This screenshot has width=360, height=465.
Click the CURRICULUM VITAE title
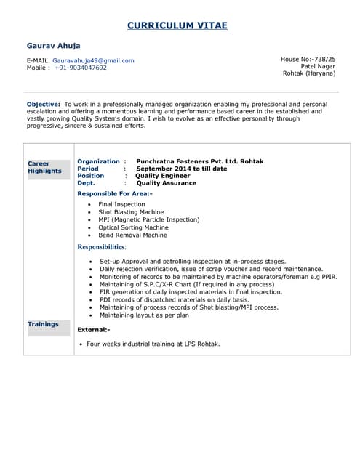click(x=177, y=25)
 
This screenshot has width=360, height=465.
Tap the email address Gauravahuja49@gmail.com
click(x=93, y=60)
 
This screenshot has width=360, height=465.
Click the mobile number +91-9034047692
click(x=80, y=68)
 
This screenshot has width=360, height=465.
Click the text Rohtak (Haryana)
click(x=309, y=73)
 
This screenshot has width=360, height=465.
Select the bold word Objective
click(x=43, y=104)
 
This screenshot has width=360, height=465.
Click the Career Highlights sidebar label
click(x=44, y=167)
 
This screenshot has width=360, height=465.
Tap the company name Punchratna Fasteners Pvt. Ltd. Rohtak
click(x=200, y=161)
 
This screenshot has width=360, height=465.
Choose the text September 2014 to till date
click(x=182, y=169)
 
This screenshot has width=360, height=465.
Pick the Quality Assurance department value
click(x=167, y=183)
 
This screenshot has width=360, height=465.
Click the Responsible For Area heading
click(x=114, y=194)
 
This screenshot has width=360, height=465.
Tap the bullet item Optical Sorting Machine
click(x=133, y=227)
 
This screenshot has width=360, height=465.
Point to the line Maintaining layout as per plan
click(x=144, y=315)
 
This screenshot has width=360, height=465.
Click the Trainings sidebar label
click(x=43, y=324)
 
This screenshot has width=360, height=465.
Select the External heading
click(x=93, y=330)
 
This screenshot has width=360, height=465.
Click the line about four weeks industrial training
click(x=153, y=344)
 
